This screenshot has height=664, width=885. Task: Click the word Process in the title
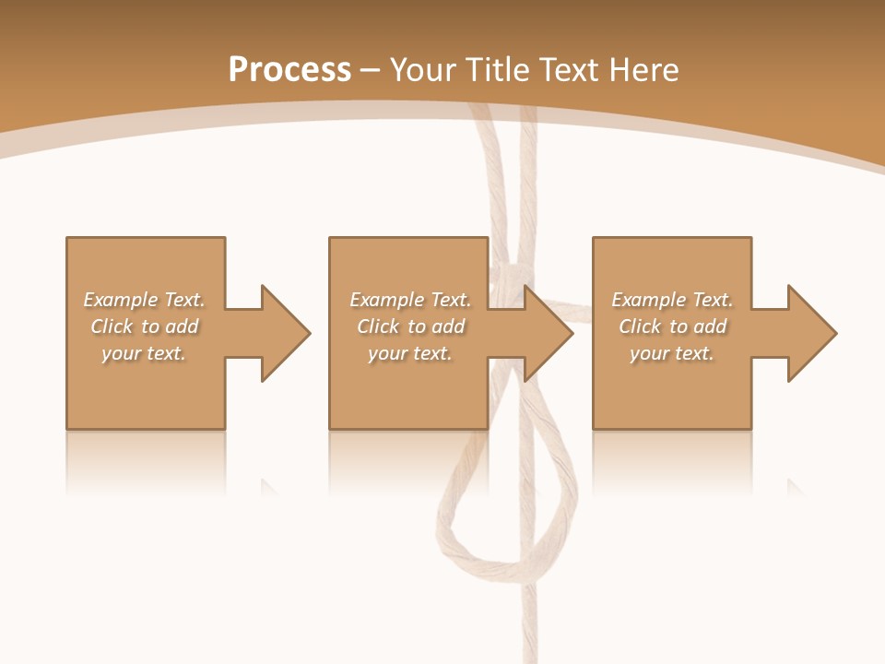[289, 70]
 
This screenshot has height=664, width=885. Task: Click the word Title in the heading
[496, 70]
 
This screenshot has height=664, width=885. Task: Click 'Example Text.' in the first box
[144, 300]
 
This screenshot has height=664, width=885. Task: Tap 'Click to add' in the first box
[145, 326]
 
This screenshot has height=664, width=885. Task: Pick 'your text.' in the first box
[144, 353]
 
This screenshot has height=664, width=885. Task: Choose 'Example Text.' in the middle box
[410, 300]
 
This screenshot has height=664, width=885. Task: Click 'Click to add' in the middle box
[411, 326]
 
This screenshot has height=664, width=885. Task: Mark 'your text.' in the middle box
[410, 353]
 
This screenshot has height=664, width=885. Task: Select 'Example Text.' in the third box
[672, 300]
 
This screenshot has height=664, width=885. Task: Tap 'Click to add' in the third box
[673, 326]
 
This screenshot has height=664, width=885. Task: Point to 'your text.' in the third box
[672, 353]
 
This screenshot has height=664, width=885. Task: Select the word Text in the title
[567, 70]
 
